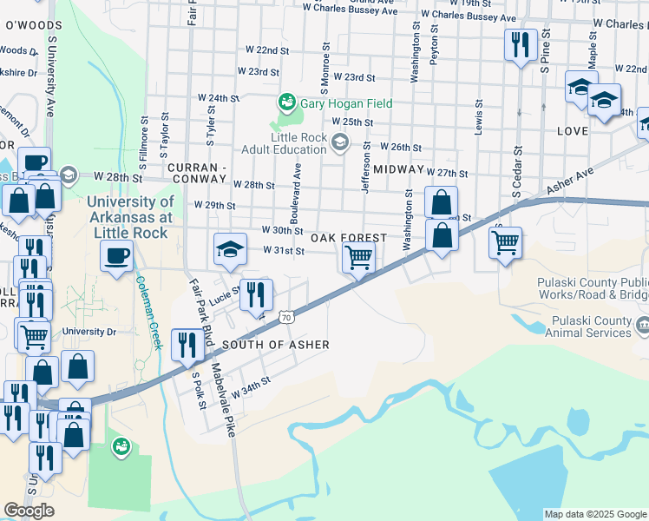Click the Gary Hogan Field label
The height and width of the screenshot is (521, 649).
[x=346, y=103]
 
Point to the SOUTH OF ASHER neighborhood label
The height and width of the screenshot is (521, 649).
[x=276, y=345]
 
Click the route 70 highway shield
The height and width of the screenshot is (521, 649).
[x=287, y=319]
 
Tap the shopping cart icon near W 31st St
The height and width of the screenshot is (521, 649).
[x=358, y=257]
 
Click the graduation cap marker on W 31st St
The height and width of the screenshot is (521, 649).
[x=230, y=250]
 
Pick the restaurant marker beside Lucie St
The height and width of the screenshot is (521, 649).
[x=255, y=295]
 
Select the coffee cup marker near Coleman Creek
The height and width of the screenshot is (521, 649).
[x=116, y=256]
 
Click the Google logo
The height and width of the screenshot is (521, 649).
[x=29, y=511]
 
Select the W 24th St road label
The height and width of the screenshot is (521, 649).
[x=218, y=98]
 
